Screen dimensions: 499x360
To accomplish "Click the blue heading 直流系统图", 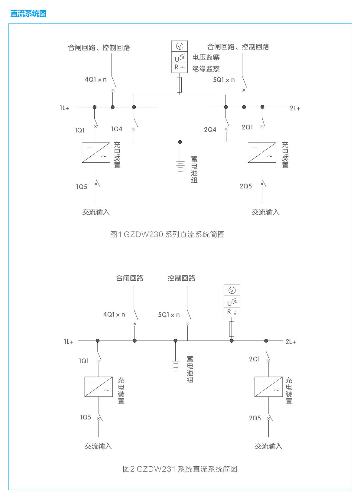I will [28, 14].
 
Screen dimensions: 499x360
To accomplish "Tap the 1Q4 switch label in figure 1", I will [117, 129].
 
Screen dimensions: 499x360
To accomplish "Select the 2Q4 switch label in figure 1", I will [210, 130].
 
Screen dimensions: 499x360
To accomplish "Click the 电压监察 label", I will [206, 57].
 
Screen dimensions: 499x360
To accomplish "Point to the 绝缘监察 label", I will [206, 69].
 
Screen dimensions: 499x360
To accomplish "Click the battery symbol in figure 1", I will [180, 166].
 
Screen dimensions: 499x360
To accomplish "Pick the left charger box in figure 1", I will [96, 153].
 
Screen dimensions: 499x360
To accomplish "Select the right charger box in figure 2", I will [269, 387].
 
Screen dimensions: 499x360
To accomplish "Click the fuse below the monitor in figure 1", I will [179, 85].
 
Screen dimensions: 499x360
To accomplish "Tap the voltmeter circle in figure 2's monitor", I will [232, 291].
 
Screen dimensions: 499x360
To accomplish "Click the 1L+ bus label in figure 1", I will [64, 108].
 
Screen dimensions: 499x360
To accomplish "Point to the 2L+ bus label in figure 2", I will [291, 342].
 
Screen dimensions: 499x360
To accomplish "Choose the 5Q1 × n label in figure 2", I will [169, 315].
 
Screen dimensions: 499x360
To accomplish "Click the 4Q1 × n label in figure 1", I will [96, 80].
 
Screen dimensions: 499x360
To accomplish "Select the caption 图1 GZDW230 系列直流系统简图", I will [167, 234].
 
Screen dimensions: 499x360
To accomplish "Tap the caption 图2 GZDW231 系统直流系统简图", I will [180, 469].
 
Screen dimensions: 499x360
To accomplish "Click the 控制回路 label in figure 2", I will [181, 278].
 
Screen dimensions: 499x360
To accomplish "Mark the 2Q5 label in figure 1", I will [246, 186].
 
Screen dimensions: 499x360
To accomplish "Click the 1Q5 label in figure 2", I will [86, 417].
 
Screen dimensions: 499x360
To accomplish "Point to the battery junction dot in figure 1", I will [180, 142].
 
